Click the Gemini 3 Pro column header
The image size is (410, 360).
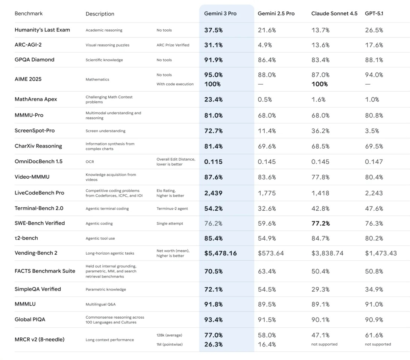220,14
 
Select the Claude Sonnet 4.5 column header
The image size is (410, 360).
334,14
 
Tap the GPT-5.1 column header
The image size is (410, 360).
374,14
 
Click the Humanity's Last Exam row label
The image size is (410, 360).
42,30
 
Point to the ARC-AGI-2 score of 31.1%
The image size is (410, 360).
213,45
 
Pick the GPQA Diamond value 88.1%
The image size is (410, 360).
374,60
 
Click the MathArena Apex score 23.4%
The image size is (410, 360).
213,100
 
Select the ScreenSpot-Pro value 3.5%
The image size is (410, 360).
372,131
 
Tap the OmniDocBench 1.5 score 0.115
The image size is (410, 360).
213,162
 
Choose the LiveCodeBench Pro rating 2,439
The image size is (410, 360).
213,193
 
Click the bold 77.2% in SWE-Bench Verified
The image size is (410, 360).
320,223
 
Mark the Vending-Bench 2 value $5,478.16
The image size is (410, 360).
220,253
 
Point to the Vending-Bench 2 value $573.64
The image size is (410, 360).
270,253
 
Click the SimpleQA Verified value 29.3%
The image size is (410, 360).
320,289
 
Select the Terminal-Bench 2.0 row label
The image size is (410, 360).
39,208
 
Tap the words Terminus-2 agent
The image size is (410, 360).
172,208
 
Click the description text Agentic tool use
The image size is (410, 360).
101,238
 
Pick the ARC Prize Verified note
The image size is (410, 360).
173,45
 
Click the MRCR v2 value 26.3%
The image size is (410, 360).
213,344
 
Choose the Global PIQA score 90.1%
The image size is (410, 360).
320,320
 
